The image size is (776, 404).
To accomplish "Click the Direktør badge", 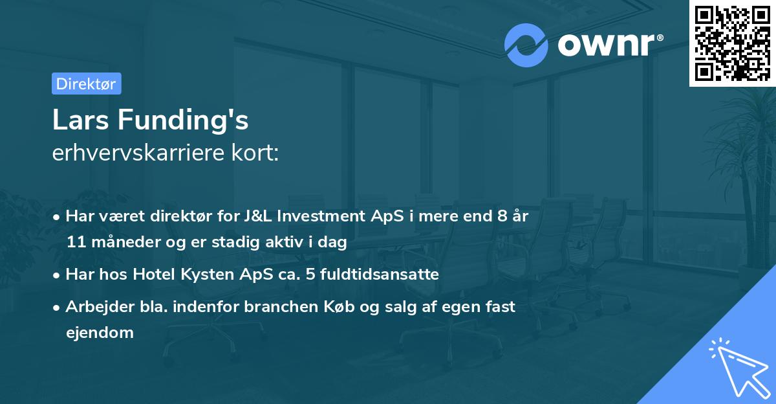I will click(86, 84).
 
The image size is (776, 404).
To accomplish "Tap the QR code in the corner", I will click(732, 43).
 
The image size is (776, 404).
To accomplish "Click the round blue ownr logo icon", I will click(526, 45).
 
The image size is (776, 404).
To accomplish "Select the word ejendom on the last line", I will click(100, 333).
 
